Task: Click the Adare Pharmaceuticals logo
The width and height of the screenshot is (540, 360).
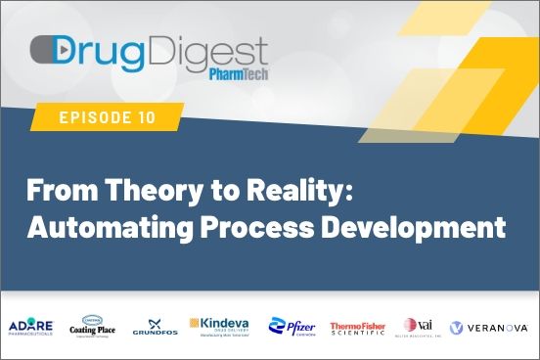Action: pos(35,327)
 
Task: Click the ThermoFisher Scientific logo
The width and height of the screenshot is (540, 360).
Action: pos(358,327)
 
